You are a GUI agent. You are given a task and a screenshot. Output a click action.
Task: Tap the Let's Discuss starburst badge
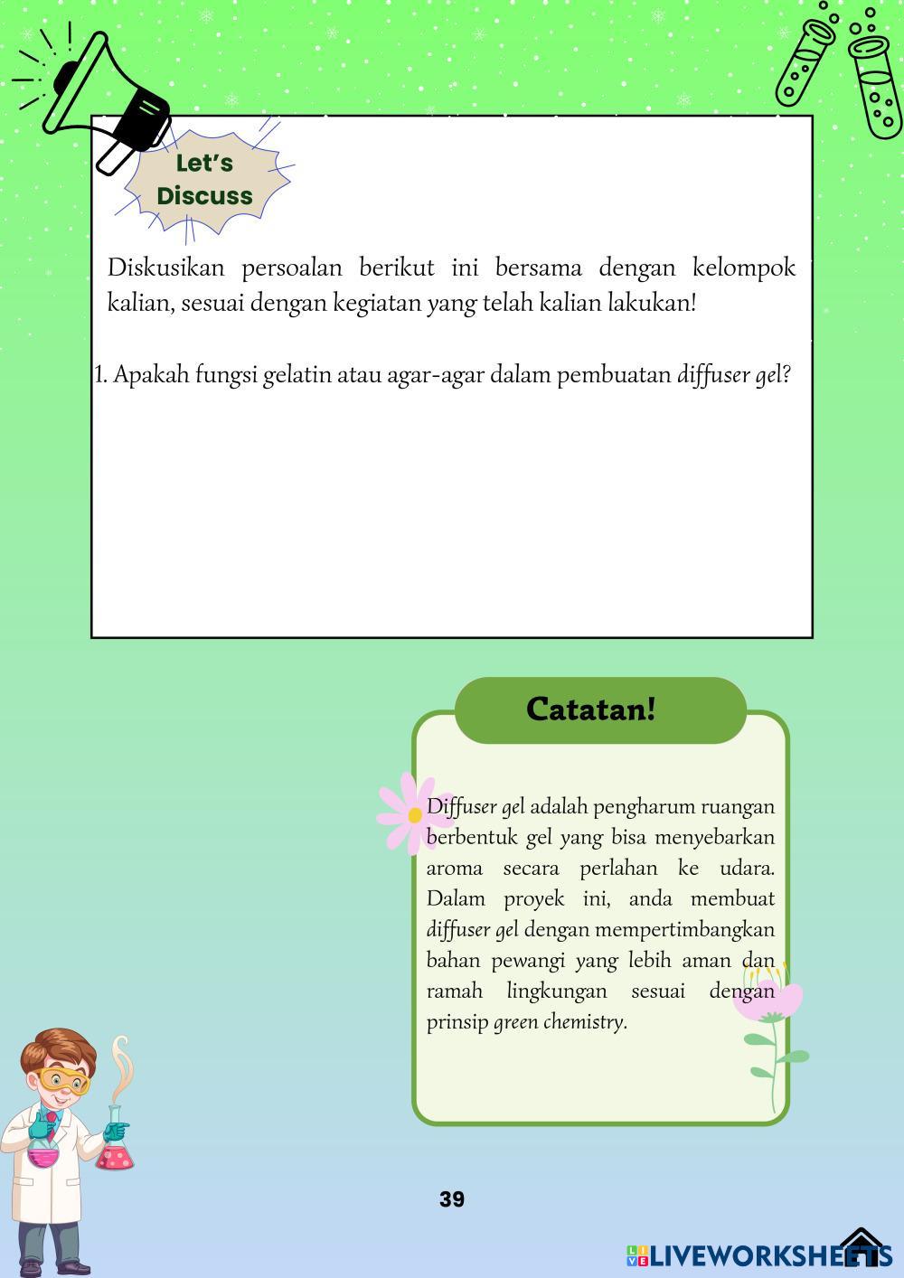point(204,180)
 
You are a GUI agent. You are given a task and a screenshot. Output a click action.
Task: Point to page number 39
point(452,1199)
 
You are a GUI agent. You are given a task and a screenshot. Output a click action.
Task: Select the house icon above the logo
point(862,1243)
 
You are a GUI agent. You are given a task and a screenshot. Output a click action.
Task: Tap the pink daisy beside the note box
point(413,814)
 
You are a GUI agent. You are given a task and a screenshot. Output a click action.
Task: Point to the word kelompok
point(743,268)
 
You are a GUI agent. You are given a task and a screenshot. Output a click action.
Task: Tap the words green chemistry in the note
point(559,1022)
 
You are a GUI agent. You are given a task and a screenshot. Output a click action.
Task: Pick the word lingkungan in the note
point(556,991)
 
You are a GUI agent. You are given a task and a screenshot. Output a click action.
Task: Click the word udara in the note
point(746,868)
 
